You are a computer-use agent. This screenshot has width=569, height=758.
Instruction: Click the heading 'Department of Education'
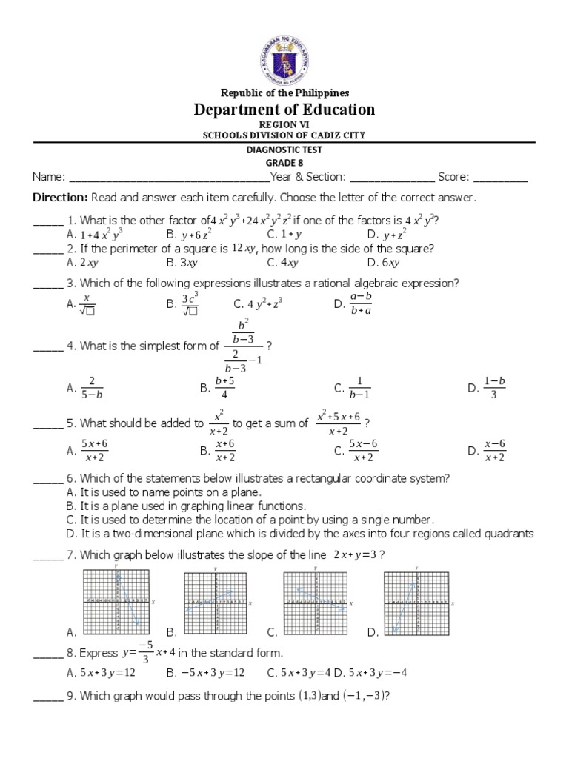tap(284, 110)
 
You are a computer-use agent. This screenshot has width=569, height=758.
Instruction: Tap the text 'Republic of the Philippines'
tap(284, 93)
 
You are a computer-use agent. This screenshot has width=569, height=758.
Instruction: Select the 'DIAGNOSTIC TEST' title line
tap(284, 149)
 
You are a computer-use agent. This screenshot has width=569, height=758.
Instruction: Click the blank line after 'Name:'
tap(169, 178)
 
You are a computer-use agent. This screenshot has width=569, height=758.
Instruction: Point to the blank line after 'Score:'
tap(500, 178)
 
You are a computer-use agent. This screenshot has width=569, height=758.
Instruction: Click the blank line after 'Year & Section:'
tap(392, 178)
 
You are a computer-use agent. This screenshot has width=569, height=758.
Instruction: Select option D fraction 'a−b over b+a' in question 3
tap(361, 303)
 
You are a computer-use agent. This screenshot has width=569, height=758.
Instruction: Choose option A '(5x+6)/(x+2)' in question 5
tap(94, 450)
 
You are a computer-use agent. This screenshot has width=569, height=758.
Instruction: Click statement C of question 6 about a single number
tap(256, 520)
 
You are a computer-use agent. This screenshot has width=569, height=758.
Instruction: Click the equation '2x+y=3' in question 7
tap(358, 555)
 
